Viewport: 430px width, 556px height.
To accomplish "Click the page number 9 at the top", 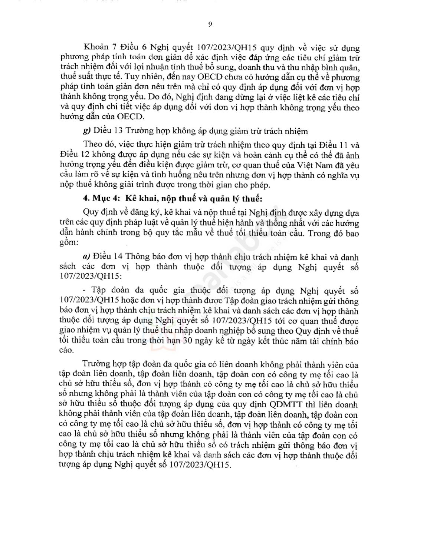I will (x=210, y=24).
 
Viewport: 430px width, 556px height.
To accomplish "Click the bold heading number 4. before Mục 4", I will (x=86, y=199).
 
